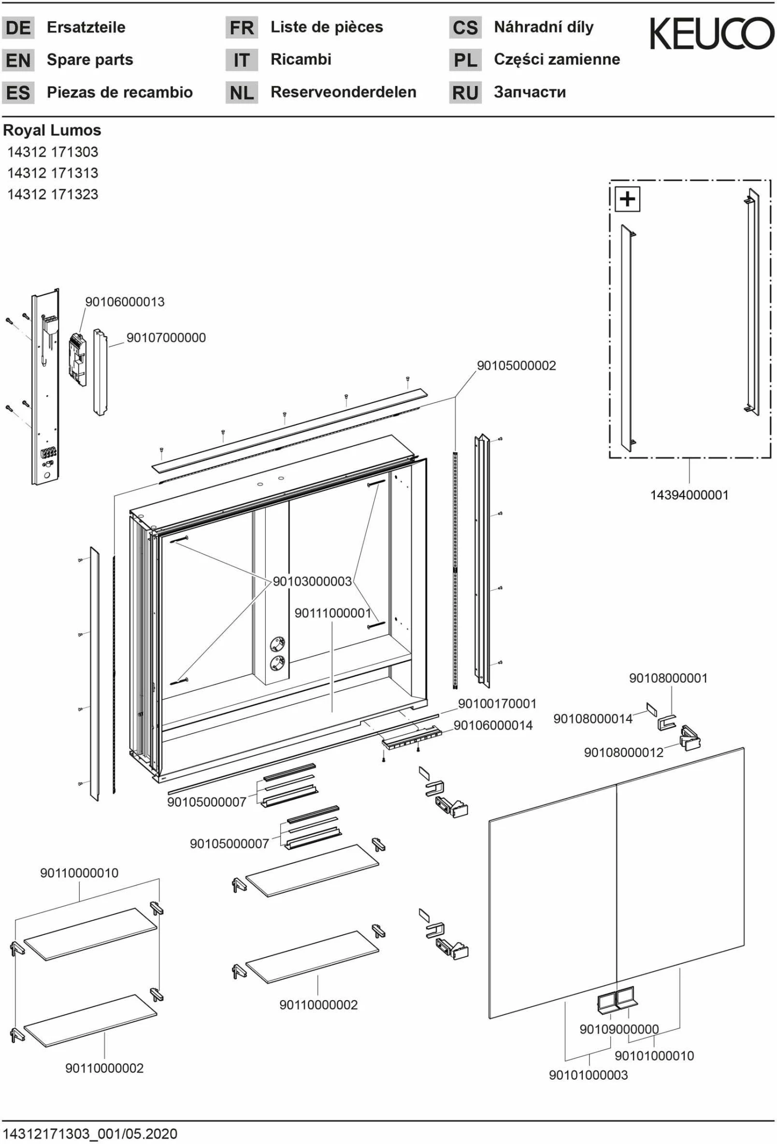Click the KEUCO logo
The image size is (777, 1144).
[x=712, y=34]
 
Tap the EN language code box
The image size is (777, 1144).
[x=18, y=61]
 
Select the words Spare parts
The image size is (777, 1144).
[x=90, y=60]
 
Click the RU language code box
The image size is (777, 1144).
[x=465, y=93]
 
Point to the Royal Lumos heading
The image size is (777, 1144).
[x=52, y=131]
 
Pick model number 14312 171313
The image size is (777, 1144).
[x=52, y=173]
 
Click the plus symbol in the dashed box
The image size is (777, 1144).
[x=627, y=199]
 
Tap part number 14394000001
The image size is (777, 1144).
[x=689, y=495]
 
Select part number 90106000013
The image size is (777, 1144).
[x=125, y=302]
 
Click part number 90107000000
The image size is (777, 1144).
[x=166, y=338]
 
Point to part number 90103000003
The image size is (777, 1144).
[x=312, y=582]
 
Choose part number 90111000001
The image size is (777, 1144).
[x=333, y=613]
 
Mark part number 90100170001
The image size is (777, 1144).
[x=497, y=704]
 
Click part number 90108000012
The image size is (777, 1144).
[x=624, y=752]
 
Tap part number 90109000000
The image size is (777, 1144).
[x=619, y=1029]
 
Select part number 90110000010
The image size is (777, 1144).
[x=79, y=873]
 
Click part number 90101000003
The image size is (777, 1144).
[x=588, y=1075]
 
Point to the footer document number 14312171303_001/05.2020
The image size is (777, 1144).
[x=90, y=1134]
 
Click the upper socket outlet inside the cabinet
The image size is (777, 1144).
[x=278, y=644]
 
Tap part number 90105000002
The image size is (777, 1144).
[x=516, y=366]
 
